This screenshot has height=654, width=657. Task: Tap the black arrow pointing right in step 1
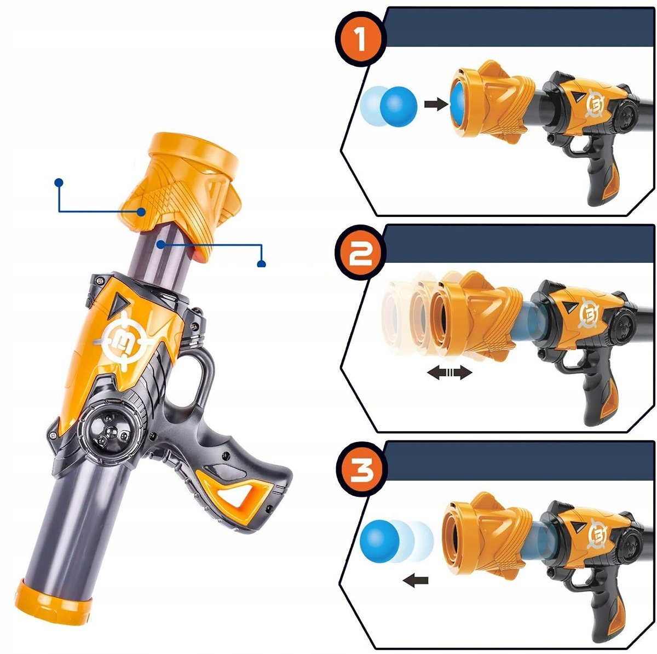pyautogui.click(x=435, y=104)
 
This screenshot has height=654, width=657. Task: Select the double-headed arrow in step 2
pyautogui.click(x=449, y=372)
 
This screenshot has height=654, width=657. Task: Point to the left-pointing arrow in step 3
pyautogui.click(x=415, y=580)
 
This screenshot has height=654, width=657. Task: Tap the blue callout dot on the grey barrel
pyautogui.click(x=161, y=244)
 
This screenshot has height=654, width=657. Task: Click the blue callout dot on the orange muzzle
pyautogui.click(x=141, y=212)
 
